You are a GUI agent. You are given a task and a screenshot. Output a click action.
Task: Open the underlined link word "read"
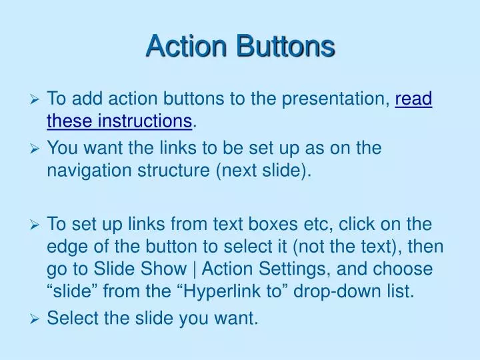pos(414,99)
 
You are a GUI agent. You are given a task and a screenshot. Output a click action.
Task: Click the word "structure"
pos(175,170)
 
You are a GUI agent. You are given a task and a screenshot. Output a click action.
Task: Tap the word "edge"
pos(65,247)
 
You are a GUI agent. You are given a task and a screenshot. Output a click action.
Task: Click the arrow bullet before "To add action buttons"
pos(37,100)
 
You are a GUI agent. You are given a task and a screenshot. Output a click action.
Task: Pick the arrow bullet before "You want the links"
pos(37,149)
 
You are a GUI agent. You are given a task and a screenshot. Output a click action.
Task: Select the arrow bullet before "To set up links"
pos(37,225)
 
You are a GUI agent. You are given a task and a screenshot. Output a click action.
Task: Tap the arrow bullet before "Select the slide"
pos(37,319)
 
